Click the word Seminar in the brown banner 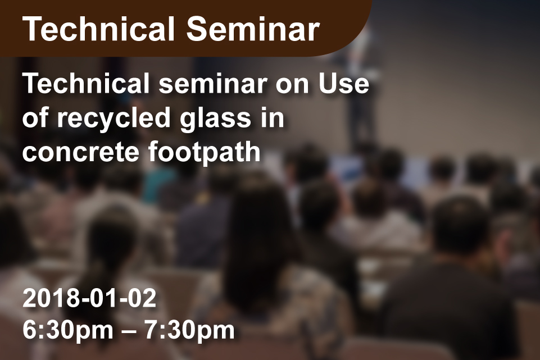pos(253,29)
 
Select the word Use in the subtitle pos(344,84)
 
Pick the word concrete pos(80,152)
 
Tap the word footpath pos(204,152)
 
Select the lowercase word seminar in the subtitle pos(213,84)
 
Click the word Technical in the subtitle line pos(86,84)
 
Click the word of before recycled pos(35,118)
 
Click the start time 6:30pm pos(68,330)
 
